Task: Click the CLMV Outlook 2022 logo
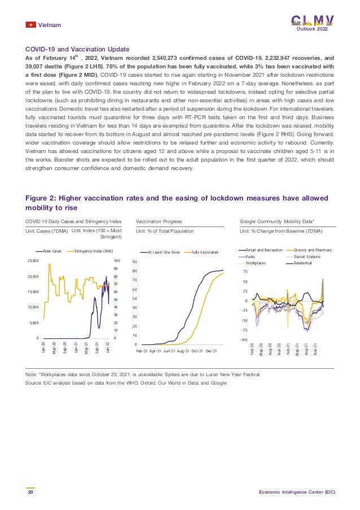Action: pyautogui.click(x=312, y=22)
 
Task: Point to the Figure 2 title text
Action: pyautogui.click(x=173, y=202)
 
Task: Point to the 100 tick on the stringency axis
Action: pyautogui.click(x=117, y=261)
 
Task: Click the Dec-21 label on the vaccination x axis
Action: pyautogui.click(x=212, y=351)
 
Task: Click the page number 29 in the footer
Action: pyautogui.click(x=30, y=492)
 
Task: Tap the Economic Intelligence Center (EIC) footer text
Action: pyautogui.click(x=297, y=492)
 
